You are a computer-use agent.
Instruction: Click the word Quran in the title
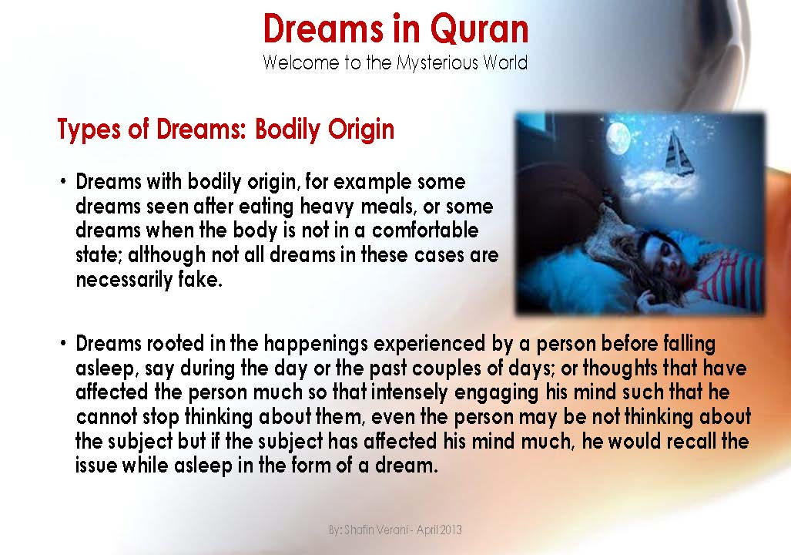(x=479, y=29)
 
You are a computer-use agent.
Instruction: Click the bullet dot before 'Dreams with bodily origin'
(x=64, y=183)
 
